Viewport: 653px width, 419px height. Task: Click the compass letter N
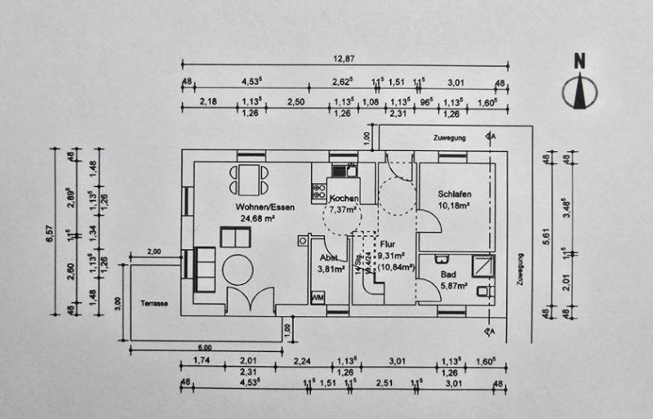click(x=580, y=60)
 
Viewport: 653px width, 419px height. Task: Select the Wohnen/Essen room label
click(x=261, y=207)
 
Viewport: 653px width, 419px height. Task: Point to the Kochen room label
click(x=343, y=198)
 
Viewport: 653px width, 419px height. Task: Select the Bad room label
click(x=448, y=275)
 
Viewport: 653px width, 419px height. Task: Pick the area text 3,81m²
click(x=332, y=266)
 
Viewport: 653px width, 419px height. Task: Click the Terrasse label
click(x=153, y=304)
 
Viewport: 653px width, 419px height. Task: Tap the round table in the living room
click(x=242, y=269)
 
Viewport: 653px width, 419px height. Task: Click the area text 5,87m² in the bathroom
click(x=453, y=286)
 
